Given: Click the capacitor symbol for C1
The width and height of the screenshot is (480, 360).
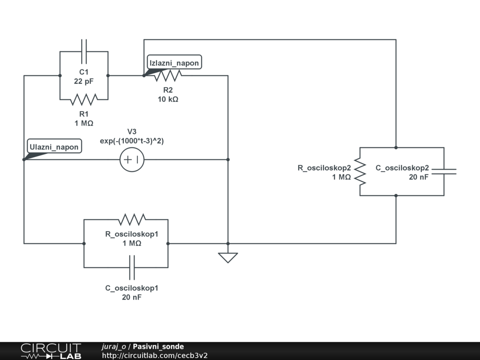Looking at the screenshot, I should (84, 51).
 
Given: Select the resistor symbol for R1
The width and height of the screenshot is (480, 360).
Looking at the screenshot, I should (84, 99).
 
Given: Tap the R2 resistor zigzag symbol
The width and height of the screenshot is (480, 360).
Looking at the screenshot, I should (168, 75).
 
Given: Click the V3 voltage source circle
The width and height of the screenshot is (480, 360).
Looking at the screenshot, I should (132, 160).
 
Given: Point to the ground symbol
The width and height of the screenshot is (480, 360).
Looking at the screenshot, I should (228, 257).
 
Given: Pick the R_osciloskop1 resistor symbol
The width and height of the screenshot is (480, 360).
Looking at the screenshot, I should (132, 219).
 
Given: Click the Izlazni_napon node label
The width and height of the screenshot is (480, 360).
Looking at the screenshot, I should (174, 63).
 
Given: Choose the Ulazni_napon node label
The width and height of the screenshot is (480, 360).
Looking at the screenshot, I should (54, 147).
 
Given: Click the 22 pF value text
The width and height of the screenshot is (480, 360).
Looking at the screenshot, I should (84, 81).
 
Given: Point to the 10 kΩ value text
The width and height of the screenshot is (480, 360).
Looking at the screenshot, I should (168, 99).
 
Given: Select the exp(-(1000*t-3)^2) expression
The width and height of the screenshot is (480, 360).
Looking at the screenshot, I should (132, 141).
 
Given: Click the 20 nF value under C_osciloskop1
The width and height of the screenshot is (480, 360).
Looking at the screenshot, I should (132, 297).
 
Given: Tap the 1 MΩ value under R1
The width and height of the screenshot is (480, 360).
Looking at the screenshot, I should (84, 123).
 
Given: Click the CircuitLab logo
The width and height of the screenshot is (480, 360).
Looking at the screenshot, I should (51, 351).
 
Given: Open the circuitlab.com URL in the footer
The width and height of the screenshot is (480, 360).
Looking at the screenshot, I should (155, 355).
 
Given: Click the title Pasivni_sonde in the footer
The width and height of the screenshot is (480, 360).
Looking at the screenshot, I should (158, 346).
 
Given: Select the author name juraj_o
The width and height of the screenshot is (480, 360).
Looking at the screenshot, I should (114, 346).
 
